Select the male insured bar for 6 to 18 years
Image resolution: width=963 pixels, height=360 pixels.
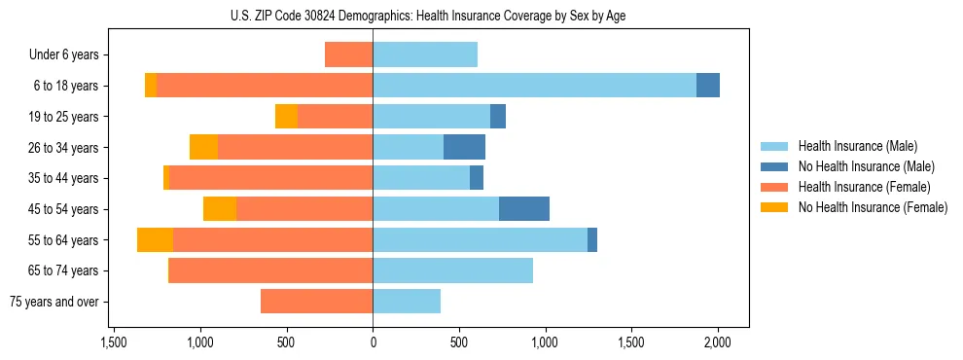(x=534, y=86)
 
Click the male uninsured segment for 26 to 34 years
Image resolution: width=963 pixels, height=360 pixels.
(x=464, y=147)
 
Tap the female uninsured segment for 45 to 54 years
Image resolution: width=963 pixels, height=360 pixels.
(x=220, y=209)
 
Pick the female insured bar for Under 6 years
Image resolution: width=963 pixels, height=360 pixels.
(x=348, y=54)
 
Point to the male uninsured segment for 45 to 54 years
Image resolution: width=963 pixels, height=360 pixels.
(x=524, y=209)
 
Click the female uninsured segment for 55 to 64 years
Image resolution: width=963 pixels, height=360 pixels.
(x=155, y=239)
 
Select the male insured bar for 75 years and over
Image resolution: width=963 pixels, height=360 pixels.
(x=407, y=302)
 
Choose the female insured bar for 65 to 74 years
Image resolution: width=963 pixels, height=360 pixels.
(x=270, y=270)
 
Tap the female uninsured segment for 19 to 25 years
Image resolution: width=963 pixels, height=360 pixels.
(x=286, y=117)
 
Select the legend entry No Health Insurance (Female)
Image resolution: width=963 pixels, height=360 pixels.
(x=873, y=207)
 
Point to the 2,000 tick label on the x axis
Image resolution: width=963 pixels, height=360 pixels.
(x=718, y=342)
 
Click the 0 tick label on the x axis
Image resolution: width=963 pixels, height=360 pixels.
(x=373, y=342)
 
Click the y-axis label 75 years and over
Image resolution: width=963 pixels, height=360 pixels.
(x=54, y=302)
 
